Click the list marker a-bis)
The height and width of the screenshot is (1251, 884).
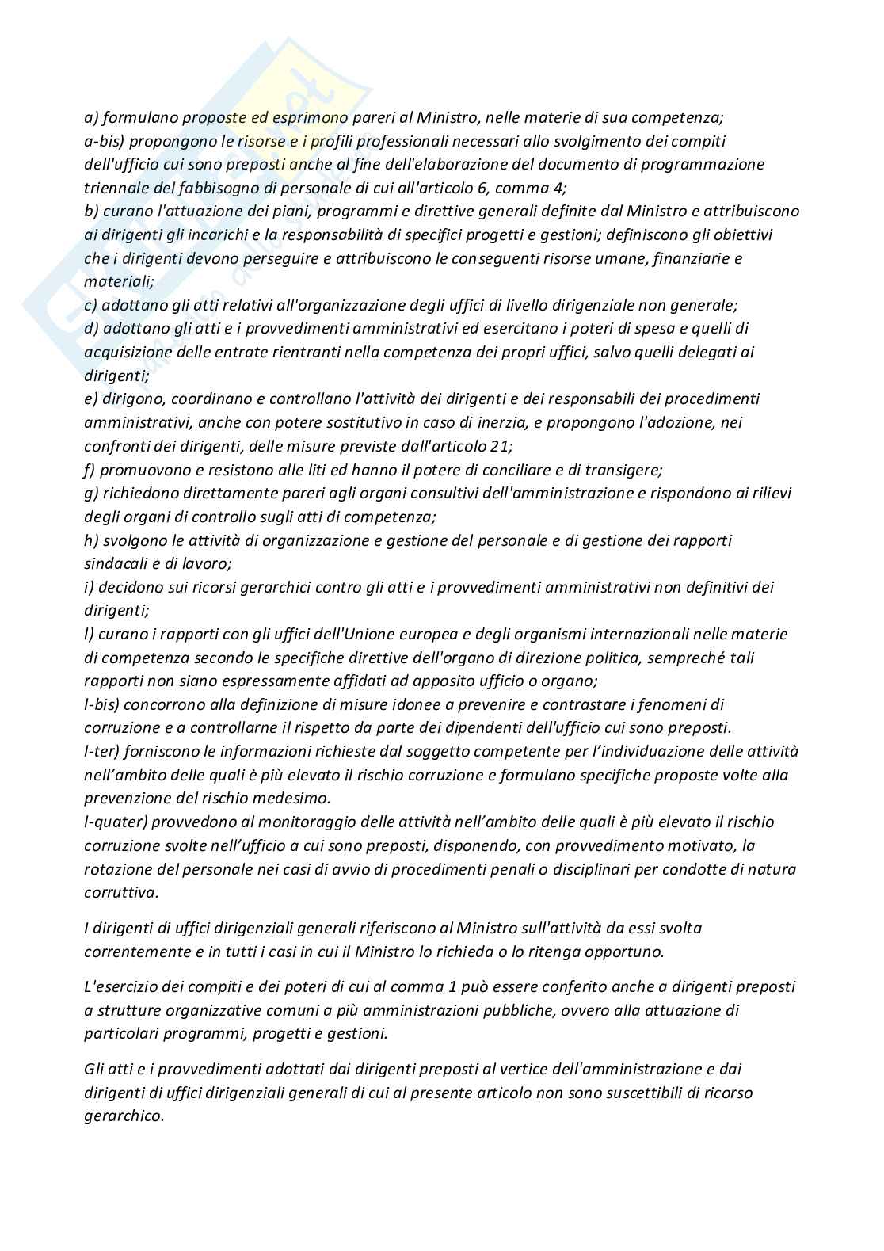(x=103, y=141)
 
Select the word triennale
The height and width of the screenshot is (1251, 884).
(x=116, y=188)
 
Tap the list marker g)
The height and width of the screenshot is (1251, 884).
(x=91, y=493)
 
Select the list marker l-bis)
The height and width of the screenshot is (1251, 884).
(x=104, y=704)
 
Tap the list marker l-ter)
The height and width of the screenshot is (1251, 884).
(x=104, y=751)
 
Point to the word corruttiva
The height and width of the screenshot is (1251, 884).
(x=121, y=892)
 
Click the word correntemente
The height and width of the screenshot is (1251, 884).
(x=136, y=951)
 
